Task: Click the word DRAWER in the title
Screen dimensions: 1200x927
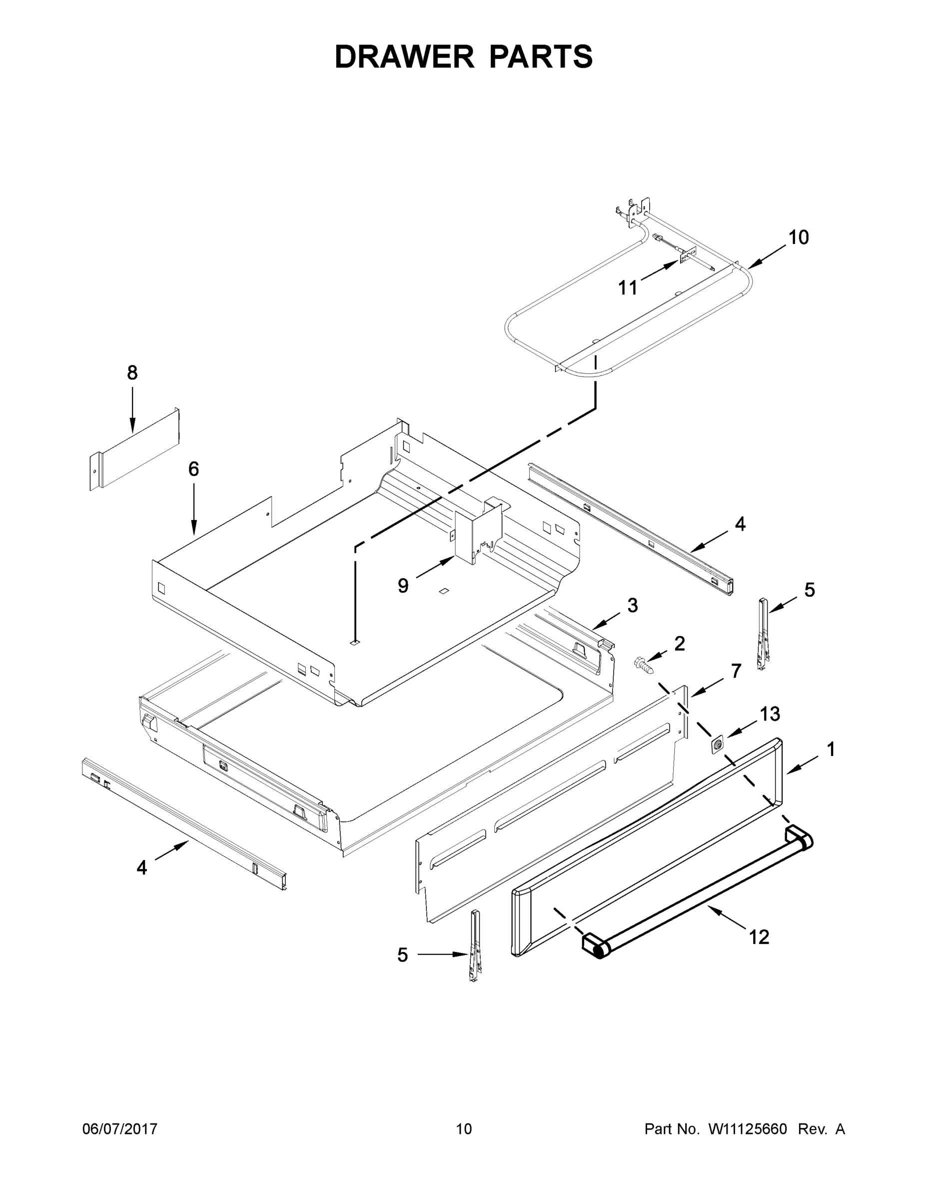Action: [404, 57]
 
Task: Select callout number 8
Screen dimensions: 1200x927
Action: [132, 373]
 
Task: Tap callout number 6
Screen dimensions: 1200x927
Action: [193, 468]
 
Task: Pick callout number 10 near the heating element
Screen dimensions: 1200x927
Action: [799, 237]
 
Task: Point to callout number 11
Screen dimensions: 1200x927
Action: [628, 287]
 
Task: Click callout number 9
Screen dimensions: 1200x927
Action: [403, 585]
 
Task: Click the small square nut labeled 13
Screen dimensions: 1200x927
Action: [717, 745]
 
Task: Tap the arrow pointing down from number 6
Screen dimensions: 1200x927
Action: [193, 511]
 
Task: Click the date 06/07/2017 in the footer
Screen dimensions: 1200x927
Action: [120, 1129]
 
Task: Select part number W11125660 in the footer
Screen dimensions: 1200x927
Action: [748, 1129]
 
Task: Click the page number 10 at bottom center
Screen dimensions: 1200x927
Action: [464, 1129]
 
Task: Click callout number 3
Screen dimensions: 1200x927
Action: [633, 605]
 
